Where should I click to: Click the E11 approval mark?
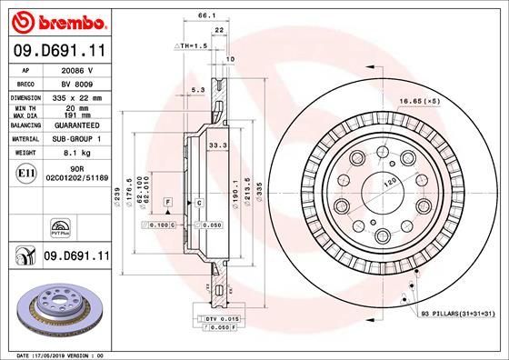(27, 171)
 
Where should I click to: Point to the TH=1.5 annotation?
(192, 45)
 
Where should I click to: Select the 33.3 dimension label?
(218, 144)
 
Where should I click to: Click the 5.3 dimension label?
(197, 89)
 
